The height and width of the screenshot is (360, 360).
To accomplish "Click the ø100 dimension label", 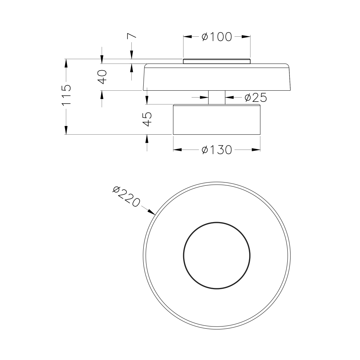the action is [x=217, y=37].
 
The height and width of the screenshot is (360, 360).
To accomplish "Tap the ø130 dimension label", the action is [x=217, y=150].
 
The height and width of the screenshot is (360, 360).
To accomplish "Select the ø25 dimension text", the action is [x=256, y=98].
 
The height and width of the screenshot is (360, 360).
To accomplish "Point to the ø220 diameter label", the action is [x=126, y=196].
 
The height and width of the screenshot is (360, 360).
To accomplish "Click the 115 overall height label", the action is [x=66, y=95].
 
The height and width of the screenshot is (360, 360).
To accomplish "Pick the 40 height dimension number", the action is [x=102, y=77].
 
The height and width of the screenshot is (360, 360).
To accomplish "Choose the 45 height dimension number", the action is [x=147, y=119].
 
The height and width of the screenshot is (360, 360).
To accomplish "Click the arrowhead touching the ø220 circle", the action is [x=152, y=212].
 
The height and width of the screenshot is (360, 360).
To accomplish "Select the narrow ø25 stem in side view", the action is [x=217, y=98].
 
